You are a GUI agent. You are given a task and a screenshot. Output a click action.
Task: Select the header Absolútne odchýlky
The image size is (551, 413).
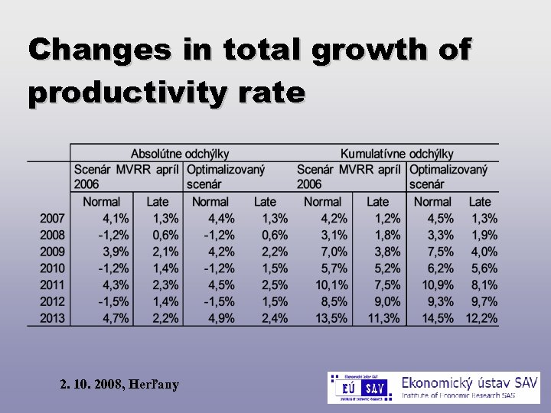coord(180,154)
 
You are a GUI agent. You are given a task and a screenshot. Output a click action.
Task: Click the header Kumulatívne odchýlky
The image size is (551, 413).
coord(397,154)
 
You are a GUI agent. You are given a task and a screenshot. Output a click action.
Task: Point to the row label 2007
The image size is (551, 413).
coord(53,219)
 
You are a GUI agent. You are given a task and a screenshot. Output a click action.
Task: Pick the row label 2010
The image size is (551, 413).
coord(53,268)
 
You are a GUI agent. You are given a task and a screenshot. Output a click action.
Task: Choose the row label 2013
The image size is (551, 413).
coord(53,318)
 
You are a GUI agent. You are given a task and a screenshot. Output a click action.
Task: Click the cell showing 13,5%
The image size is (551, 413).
coord(331,318)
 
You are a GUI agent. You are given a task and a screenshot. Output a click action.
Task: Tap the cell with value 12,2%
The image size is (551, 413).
coord(481,318)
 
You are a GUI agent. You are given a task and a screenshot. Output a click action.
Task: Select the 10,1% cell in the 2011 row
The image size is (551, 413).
coord(331,285)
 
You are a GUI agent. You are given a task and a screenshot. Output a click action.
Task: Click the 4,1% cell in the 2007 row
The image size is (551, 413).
coord(115,219)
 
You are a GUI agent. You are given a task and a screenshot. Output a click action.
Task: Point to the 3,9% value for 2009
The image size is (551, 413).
coord(115,252)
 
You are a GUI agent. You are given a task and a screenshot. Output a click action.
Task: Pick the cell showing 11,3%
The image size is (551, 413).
coord(384,318)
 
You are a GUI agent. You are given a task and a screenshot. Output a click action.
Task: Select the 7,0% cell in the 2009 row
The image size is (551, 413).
coord(334,252)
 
